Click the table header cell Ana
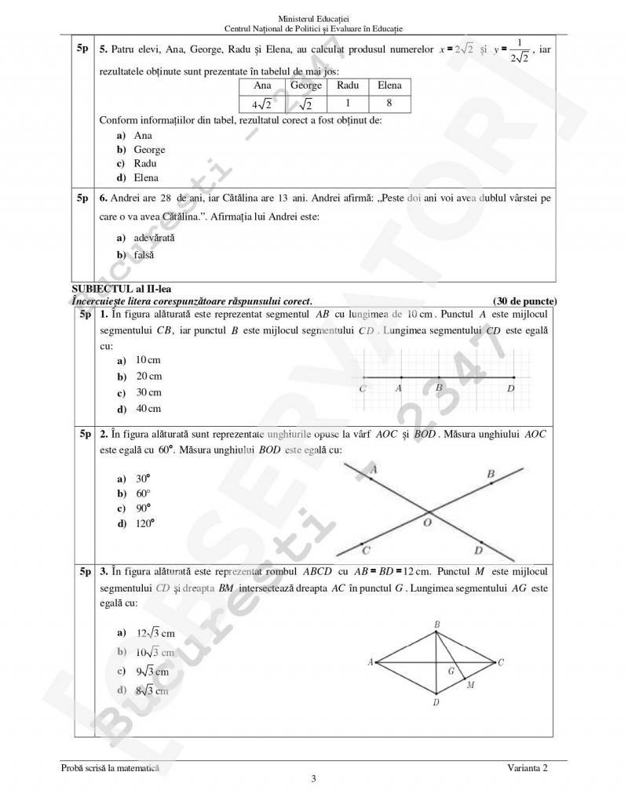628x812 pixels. (263, 86)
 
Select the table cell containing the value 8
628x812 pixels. (389, 103)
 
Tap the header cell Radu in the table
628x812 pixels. (348, 86)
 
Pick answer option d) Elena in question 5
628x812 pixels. (138, 177)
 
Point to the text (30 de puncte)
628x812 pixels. (525, 300)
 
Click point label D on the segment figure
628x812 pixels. (511, 388)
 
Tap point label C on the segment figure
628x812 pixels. (362, 388)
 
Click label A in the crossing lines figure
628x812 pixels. (373, 469)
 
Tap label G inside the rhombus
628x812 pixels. (451, 671)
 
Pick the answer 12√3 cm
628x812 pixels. (146, 632)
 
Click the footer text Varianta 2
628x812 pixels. (528, 768)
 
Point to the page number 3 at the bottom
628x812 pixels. (314, 779)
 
